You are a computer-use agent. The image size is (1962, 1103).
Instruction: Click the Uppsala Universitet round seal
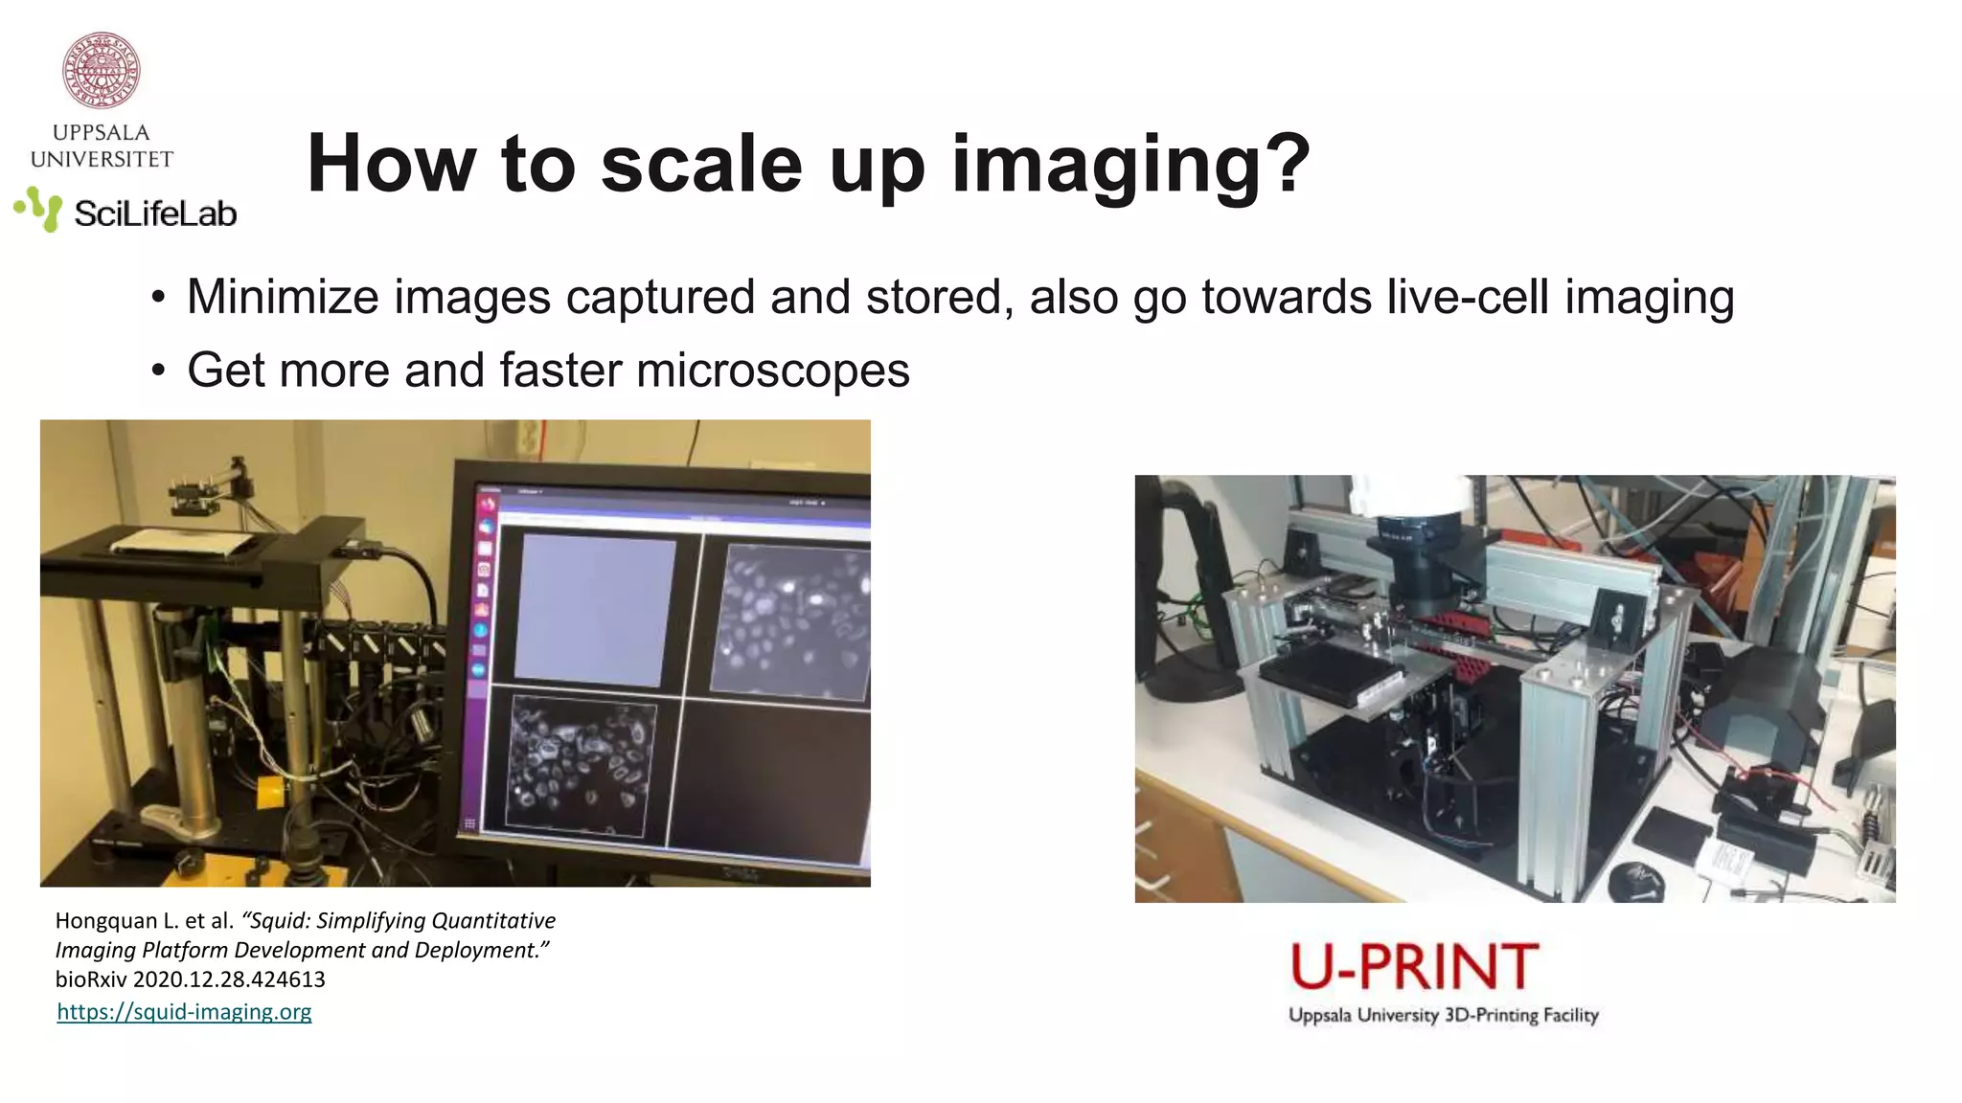[101, 70]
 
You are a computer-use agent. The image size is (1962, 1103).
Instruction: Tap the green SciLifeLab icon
[38, 209]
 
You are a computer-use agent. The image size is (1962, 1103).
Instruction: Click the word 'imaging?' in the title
[1130, 165]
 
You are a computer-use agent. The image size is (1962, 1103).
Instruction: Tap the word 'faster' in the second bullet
[559, 371]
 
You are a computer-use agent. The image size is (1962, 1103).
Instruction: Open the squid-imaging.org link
[184, 1012]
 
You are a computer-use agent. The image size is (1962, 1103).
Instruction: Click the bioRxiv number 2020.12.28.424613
[229, 979]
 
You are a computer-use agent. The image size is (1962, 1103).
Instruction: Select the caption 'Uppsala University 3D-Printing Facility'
[1443, 1015]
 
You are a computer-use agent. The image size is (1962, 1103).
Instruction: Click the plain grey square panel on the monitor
[594, 610]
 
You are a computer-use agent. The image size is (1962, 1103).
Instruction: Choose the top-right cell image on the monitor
[791, 619]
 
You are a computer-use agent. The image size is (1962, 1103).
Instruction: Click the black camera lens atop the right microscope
[1421, 565]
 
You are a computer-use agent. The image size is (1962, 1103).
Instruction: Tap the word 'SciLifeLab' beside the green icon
[155, 214]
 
